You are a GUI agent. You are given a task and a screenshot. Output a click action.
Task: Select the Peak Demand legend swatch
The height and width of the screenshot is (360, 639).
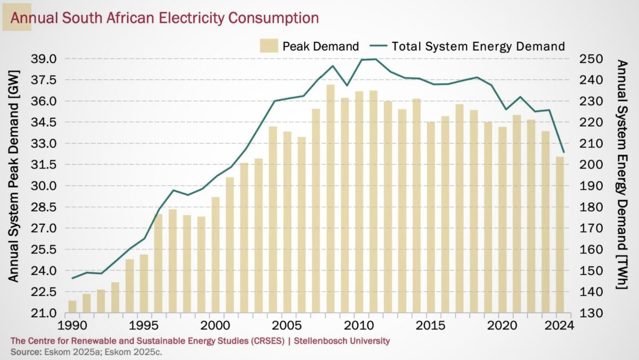(x=270, y=46)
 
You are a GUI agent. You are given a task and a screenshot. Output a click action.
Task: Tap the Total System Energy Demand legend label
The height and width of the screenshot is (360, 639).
(x=478, y=46)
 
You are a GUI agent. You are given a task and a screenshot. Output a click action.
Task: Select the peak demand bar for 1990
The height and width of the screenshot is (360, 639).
(x=72, y=307)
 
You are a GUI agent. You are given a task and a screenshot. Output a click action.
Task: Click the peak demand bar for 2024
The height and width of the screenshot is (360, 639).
(x=560, y=235)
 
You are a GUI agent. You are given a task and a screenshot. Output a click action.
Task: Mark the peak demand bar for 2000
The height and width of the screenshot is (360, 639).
(x=216, y=255)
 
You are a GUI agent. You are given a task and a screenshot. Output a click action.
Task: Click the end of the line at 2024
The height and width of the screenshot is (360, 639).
(x=563, y=152)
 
